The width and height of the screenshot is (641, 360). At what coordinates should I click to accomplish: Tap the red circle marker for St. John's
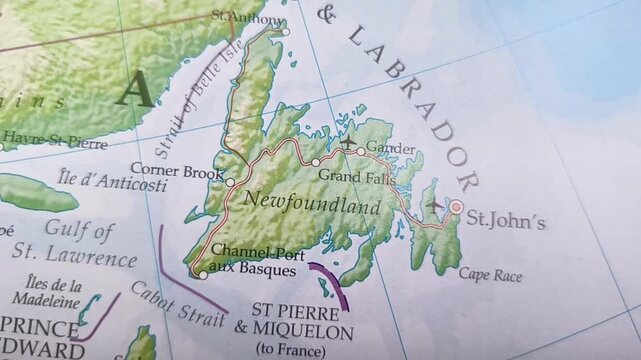coord(456,207)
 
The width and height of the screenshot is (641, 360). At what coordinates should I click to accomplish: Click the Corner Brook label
coord(175,172)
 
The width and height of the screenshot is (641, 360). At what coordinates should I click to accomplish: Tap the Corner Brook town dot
coord(230,182)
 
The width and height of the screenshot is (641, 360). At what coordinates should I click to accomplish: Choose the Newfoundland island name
coord(313,206)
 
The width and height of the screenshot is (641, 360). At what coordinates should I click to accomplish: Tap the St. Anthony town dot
coord(285,31)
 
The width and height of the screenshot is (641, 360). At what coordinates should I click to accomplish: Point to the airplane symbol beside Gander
coord(347,146)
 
